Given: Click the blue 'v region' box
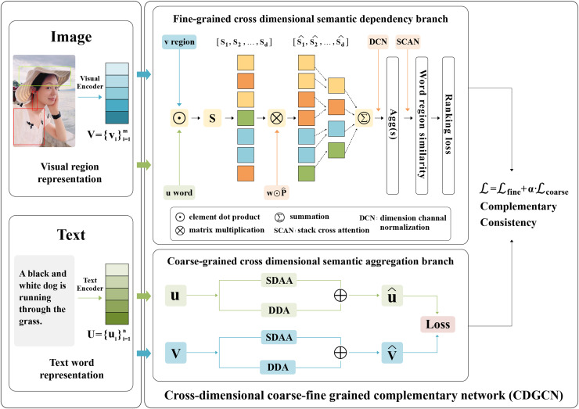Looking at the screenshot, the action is (179, 41).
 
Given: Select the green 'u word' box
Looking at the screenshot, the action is (179, 192).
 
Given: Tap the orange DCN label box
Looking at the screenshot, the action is (378, 41).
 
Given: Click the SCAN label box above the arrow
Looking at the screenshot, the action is (408, 41).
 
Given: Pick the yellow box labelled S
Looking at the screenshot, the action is (212, 118).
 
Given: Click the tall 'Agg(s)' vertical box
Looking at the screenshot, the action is (393, 125).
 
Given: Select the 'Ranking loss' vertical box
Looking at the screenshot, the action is (448, 125).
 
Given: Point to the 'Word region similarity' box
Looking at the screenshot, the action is (422, 125).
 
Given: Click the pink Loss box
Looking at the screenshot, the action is (437, 324).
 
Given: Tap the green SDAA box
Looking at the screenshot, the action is (279, 280).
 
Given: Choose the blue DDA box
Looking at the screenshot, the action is (279, 367).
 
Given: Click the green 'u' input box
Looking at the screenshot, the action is (175, 296).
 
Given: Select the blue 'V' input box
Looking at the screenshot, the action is (175, 353).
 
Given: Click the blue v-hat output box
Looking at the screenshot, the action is (392, 353).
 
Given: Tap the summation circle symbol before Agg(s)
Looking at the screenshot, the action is (364, 118).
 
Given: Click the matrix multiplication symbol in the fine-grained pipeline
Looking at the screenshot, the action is (276, 118).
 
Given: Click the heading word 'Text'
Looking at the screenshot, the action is (71, 235).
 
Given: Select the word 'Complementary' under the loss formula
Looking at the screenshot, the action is (518, 206).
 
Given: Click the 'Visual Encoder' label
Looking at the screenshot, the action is (90, 82).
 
